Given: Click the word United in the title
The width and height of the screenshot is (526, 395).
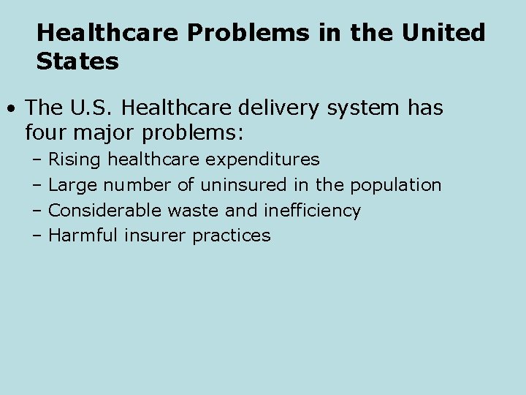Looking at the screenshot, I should click(445, 33).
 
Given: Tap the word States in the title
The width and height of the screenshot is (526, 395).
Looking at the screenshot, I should click(77, 62).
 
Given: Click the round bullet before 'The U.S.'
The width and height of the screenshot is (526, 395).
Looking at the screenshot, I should click(12, 109).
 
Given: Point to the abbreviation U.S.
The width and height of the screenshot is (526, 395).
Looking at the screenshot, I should click(92, 108).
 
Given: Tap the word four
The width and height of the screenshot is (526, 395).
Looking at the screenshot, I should click(47, 134).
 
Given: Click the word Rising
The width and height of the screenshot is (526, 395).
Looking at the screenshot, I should click(76, 159).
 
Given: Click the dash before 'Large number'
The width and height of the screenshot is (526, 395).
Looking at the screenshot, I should click(37, 186).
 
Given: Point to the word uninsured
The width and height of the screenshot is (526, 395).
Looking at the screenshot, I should click(244, 185).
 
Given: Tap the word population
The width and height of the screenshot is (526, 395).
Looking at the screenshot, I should click(396, 185).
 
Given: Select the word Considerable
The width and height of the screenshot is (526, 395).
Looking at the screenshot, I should click(105, 211).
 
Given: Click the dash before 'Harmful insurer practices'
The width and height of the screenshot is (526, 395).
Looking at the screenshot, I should click(37, 236).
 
